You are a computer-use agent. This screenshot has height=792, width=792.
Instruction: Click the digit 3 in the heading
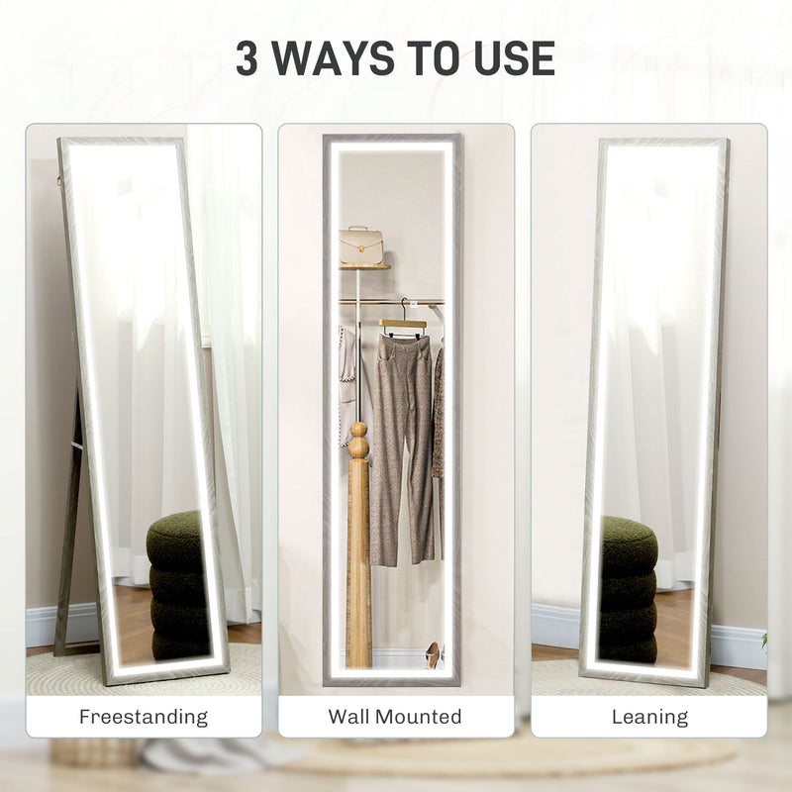[248, 58]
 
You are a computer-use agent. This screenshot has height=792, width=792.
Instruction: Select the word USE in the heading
[507, 58]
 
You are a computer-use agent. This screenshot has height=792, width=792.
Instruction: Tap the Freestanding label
[144, 716]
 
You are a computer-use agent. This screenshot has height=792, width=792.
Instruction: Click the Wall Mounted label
[396, 716]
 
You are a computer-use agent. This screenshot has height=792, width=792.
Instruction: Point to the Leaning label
[648, 716]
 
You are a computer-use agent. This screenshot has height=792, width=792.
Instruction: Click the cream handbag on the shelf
[361, 244]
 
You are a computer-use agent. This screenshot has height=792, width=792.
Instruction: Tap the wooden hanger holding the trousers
[402, 323]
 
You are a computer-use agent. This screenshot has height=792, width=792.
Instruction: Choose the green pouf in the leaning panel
[628, 589]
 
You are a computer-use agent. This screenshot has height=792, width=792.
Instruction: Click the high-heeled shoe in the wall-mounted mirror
[434, 654]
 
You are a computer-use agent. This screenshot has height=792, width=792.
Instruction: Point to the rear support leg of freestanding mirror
[69, 525]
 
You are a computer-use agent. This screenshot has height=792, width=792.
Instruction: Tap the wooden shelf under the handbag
[364, 266]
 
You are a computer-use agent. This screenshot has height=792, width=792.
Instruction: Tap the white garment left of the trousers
[346, 376]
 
